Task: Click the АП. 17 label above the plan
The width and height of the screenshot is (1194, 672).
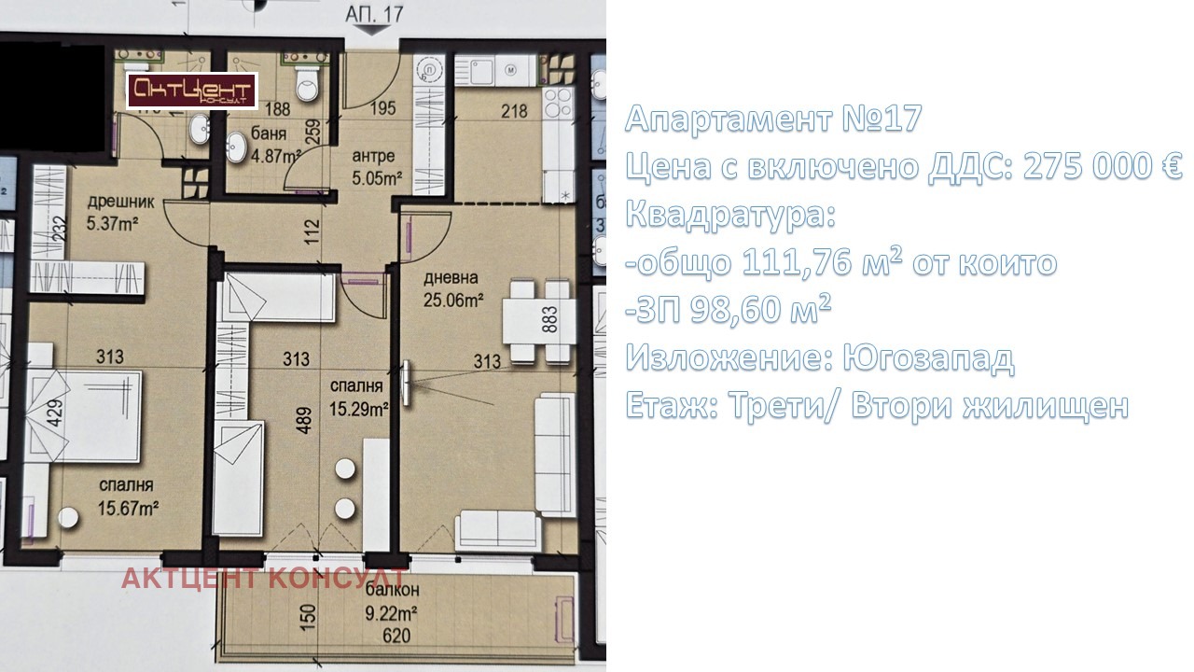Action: pyautogui.click(x=374, y=14)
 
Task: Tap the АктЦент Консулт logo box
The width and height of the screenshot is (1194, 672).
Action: pyautogui.click(x=192, y=91)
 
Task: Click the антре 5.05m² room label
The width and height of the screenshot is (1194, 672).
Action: pyautogui.click(x=373, y=165)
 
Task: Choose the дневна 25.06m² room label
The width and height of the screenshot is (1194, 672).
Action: pyautogui.click(x=452, y=288)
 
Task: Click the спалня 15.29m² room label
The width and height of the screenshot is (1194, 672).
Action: pyautogui.click(x=358, y=397)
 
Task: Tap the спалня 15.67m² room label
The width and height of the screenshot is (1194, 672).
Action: pyautogui.click(x=126, y=497)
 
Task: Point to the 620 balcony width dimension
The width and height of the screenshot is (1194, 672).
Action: pyautogui.click(x=395, y=637)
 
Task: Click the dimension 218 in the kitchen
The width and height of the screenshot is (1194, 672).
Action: pyautogui.click(x=514, y=111)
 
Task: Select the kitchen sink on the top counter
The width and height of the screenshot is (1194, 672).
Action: pyautogui.click(x=483, y=69)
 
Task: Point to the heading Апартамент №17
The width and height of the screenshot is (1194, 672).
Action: pyautogui.click(x=773, y=119)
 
